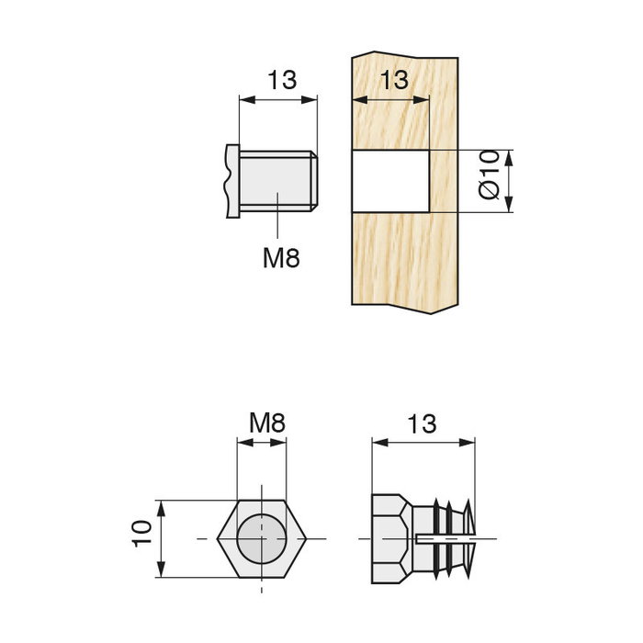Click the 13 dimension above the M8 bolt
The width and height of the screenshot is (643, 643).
click(283, 80)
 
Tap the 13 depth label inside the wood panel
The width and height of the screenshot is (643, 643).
click(392, 80)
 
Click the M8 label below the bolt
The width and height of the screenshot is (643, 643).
click(281, 258)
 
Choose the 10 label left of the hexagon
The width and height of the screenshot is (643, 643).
click(141, 534)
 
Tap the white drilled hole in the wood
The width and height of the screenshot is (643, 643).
click(389, 180)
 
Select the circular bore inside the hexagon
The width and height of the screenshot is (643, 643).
click(261, 536)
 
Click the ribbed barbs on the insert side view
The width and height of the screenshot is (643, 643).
click(450, 536)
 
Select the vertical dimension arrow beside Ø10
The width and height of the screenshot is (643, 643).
click(510, 181)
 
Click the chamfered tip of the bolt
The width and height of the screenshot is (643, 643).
click(313, 181)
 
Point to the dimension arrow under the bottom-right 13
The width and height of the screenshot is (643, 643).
click(423, 442)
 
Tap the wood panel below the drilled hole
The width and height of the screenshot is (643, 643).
click(404, 262)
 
